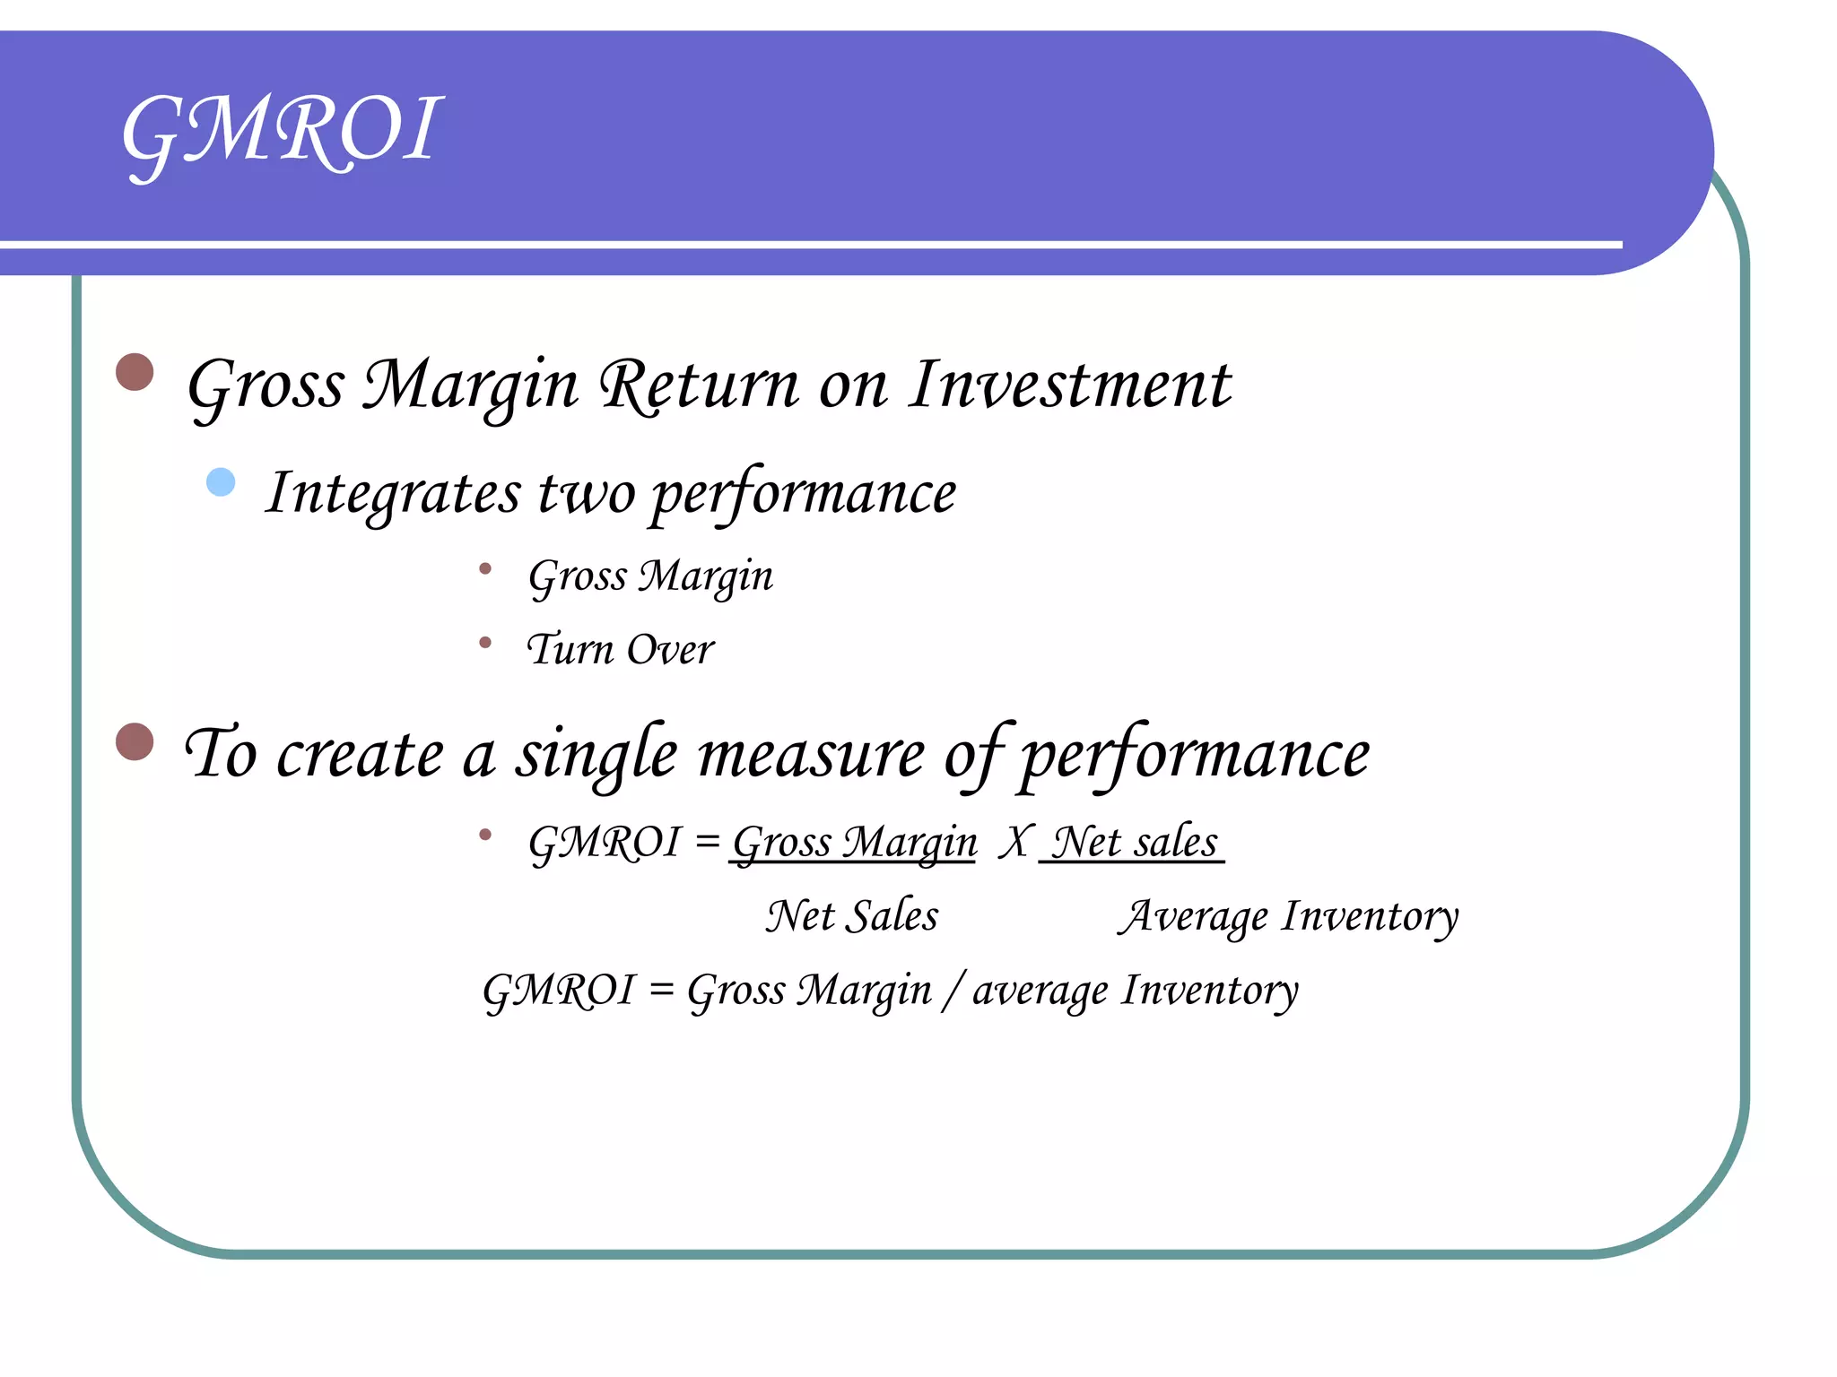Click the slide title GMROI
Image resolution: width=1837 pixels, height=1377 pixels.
(x=282, y=133)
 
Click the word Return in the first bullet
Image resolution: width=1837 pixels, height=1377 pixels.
(x=700, y=385)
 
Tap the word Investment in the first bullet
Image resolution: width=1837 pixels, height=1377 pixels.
(x=1069, y=385)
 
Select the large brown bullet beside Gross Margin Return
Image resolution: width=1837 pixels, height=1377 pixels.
(x=135, y=372)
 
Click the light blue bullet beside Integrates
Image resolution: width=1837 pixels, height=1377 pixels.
(x=221, y=482)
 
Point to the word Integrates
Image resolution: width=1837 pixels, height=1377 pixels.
(x=393, y=493)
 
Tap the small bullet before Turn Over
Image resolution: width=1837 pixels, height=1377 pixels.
(x=485, y=642)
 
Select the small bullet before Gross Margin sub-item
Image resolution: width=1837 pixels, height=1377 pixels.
(x=485, y=568)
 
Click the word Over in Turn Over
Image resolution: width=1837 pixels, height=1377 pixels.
(x=670, y=650)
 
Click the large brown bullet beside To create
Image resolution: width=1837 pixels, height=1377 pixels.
(x=135, y=741)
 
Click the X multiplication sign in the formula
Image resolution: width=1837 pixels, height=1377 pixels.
(x=1014, y=843)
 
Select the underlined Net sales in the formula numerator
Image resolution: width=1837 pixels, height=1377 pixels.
(x=1134, y=843)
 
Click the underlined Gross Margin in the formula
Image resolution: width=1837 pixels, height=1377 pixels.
(x=854, y=843)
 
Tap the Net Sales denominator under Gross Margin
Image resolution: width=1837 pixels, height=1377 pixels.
(x=852, y=916)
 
